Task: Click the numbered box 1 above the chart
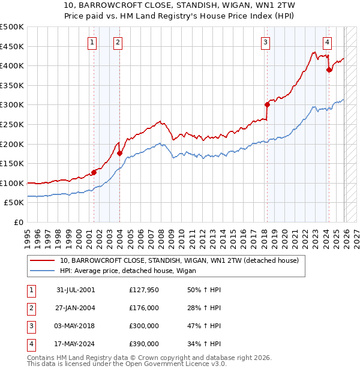point(92,42)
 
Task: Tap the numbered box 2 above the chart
point(118,42)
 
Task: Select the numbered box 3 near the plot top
point(265,42)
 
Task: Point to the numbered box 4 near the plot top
point(327,42)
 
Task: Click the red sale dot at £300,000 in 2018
point(267,104)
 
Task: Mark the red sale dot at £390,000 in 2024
point(329,70)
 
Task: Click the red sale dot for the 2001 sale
point(94,172)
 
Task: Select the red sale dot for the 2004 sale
point(119,153)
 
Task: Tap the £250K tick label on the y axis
point(12,124)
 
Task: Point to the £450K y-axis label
point(12,46)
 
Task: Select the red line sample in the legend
point(43,261)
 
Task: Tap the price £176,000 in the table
point(143,308)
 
